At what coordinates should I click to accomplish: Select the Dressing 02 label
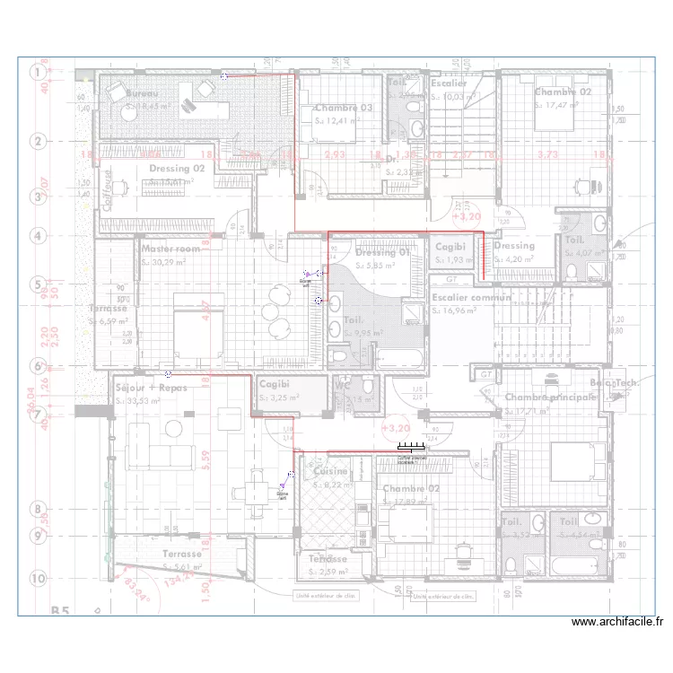177,168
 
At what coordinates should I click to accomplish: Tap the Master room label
170,249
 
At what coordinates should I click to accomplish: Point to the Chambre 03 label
343,108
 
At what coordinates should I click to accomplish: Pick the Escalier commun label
471,297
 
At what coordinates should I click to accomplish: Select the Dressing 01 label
382,252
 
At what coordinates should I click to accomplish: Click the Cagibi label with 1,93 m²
450,246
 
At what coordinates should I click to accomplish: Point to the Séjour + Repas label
151,388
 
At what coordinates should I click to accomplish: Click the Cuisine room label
329,471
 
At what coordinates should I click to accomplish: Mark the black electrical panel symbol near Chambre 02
411,448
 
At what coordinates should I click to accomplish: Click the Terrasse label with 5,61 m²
182,555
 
